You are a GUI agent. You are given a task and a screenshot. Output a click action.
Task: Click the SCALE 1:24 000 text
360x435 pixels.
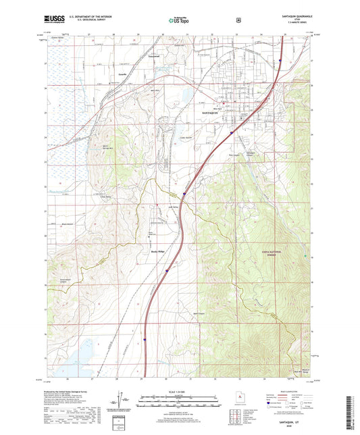pyautogui.click(x=179, y=392)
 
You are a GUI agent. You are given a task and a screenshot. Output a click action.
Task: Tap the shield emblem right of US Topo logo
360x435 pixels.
pyautogui.click(x=238, y=20)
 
